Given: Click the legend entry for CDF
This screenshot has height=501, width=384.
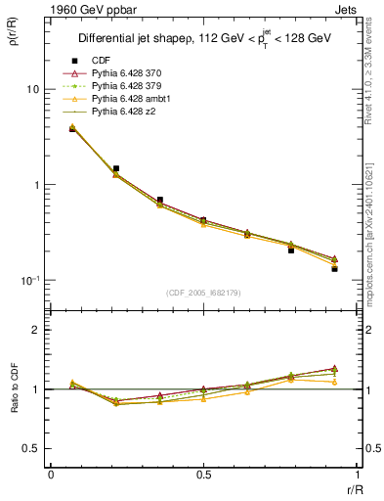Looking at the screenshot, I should pyautogui.click(x=101, y=61).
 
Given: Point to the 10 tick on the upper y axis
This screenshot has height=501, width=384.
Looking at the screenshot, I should pyautogui.click(x=32, y=89).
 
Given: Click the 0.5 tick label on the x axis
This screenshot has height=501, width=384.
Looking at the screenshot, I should pyautogui.click(x=203, y=475).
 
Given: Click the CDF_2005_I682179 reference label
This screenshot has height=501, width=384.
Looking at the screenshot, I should pyautogui.click(x=203, y=293).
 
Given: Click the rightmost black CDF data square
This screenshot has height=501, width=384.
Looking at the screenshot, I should pyautogui.click(x=334, y=268).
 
